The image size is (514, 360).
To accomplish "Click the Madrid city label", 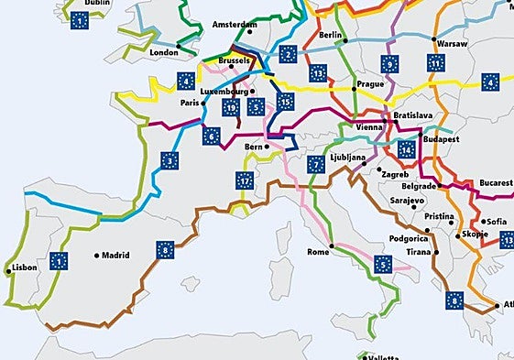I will click(x=115, y=256).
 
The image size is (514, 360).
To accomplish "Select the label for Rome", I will click(x=317, y=252).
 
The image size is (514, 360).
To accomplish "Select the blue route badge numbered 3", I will click(x=170, y=161).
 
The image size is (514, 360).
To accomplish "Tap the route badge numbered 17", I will click(x=244, y=180).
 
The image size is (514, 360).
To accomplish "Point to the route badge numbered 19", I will click(x=230, y=106).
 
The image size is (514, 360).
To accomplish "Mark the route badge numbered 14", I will click(x=406, y=148).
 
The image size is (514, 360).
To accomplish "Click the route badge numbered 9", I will click(x=390, y=64).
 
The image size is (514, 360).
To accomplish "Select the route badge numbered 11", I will click(x=436, y=64).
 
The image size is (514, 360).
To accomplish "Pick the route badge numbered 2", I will click(x=289, y=55).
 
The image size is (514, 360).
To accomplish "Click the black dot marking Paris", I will click(x=202, y=104).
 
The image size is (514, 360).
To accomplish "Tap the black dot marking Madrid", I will click(x=96, y=256).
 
